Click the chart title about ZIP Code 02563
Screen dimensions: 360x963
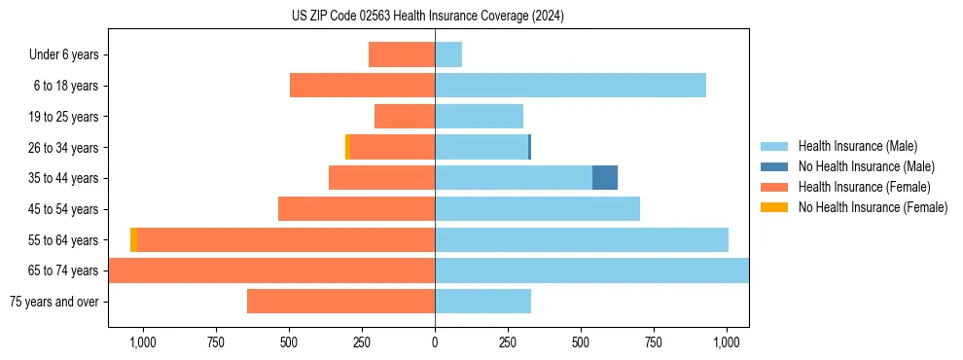tap(428, 17)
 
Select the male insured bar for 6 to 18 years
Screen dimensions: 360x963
tap(570, 86)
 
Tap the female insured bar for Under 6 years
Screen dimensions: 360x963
tap(402, 54)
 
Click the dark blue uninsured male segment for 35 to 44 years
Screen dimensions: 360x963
tap(605, 178)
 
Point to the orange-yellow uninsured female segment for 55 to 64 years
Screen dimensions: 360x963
tap(133, 239)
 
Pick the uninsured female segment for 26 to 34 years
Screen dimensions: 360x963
tap(347, 147)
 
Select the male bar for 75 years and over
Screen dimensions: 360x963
tap(482, 302)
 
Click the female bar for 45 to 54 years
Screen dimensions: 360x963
tap(356, 209)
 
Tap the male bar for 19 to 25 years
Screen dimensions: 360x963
tap(479, 117)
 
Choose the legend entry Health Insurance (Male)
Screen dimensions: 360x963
tap(857, 146)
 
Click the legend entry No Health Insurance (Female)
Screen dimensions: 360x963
tap(873, 207)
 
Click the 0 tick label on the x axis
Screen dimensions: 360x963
tap(435, 342)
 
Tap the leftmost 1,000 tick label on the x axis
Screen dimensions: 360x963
tap(142, 342)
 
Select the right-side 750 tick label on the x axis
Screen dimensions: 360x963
tap(654, 342)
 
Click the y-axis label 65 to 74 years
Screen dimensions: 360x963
tap(65, 270)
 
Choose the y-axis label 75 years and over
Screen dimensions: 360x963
tap(54, 302)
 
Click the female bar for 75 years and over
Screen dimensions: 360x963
tap(340, 302)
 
